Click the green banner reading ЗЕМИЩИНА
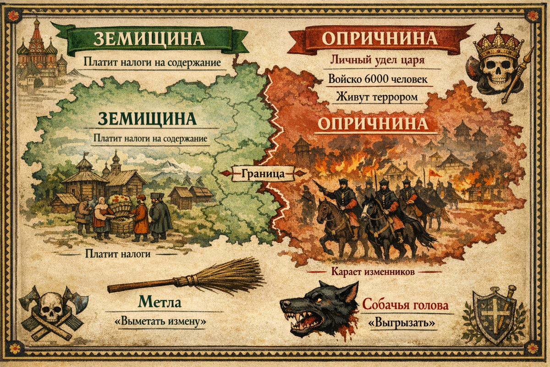coord(149,39)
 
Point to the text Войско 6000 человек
coord(378,79)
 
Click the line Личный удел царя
coord(378,60)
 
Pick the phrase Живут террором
coord(378,97)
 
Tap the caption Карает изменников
coord(373,272)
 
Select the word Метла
coord(159,303)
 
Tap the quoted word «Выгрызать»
coord(401,323)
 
